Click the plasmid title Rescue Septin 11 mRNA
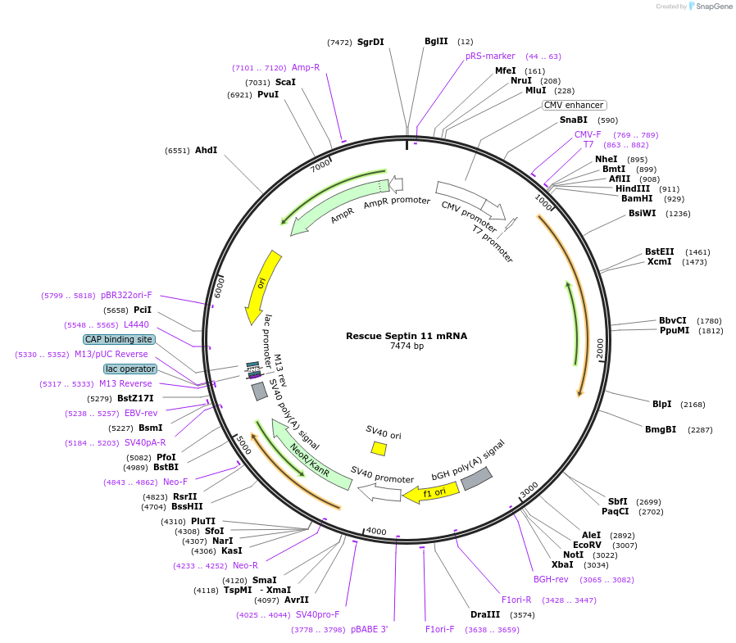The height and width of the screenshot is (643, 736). [x=406, y=336]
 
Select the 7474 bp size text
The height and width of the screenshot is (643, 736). [x=407, y=346]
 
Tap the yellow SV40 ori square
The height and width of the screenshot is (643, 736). [x=379, y=448]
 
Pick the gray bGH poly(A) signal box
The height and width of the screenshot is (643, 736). [x=476, y=479]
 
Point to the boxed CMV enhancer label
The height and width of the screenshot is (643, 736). [x=574, y=105]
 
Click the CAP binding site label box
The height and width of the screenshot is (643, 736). [x=118, y=339]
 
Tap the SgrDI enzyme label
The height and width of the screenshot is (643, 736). [x=370, y=42]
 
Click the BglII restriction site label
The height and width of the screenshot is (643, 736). [x=436, y=41]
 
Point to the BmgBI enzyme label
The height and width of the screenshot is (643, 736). [x=661, y=429]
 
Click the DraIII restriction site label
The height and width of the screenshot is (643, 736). [x=485, y=614]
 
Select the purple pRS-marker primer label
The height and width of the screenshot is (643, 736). [x=490, y=56]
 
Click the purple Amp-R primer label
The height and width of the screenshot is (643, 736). [x=306, y=67]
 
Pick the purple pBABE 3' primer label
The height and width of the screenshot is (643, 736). [x=369, y=629]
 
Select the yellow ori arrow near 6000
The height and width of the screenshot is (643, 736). [x=264, y=287]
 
